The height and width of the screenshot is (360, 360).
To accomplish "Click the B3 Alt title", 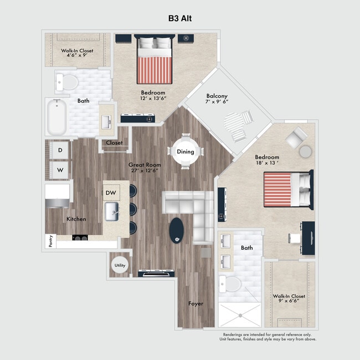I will [x=180, y=18].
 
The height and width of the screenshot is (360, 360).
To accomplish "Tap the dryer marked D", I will [x=60, y=150].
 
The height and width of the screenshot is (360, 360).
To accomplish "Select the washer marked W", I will [x=60, y=170].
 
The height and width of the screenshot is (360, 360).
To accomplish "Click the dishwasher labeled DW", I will [x=111, y=192].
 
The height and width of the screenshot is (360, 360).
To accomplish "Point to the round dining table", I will [x=185, y=151].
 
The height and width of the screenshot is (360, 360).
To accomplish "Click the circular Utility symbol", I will [x=120, y=265].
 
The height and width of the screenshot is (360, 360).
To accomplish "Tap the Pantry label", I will [x=49, y=241].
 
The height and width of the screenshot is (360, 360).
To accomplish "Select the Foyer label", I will [x=196, y=304].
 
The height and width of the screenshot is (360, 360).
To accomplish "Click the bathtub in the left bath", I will [x=56, y=117].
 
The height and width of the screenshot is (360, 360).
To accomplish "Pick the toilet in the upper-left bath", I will [x=67, y=83].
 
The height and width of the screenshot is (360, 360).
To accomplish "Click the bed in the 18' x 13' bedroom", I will [x=285, y=189].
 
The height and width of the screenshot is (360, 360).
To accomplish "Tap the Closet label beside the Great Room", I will [x=114, y=143].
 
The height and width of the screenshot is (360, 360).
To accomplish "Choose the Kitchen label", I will [x=76, y=219].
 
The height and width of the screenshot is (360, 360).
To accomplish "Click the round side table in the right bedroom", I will [x=305, y=151].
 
